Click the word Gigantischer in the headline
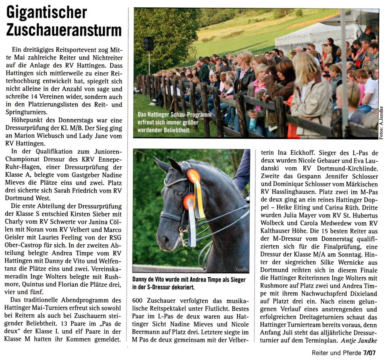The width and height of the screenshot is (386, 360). point(47,13)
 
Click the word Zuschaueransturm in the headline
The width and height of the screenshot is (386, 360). point(64,30)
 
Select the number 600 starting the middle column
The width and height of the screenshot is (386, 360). point(138,300)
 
